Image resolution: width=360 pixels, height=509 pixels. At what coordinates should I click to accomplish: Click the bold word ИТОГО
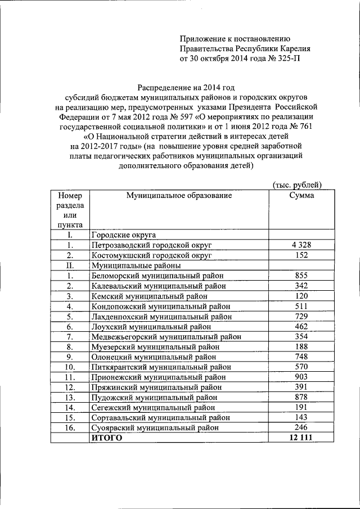pyautogui.click(x=106, y=438)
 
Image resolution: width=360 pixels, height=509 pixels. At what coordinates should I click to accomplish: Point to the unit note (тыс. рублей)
pyautogui.click(x=296, y=184)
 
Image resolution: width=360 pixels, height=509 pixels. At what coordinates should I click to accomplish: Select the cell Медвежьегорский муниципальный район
pyautogui.click(x=166, y=336)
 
